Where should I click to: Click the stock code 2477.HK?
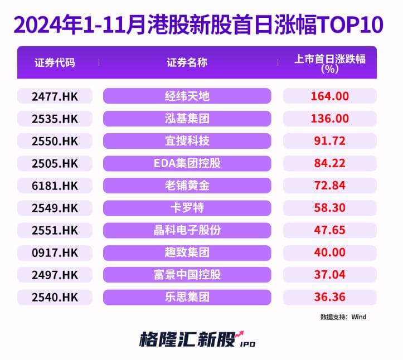coord(55,96)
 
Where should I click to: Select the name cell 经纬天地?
coord(187,96)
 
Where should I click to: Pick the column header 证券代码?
coord(55,62)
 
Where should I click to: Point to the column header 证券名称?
coord(187,62)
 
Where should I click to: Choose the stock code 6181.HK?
coord(55,186)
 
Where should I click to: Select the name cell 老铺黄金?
coord(187,186)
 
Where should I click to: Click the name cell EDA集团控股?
coord(187,163)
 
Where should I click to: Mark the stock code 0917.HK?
coord(55,252)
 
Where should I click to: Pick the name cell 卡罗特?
coord(187,208)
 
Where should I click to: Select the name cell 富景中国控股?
coord(187,275)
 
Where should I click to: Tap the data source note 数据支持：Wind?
coord(343,317)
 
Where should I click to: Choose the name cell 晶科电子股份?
coord(187,230)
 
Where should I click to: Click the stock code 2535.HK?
coord(55,119)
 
